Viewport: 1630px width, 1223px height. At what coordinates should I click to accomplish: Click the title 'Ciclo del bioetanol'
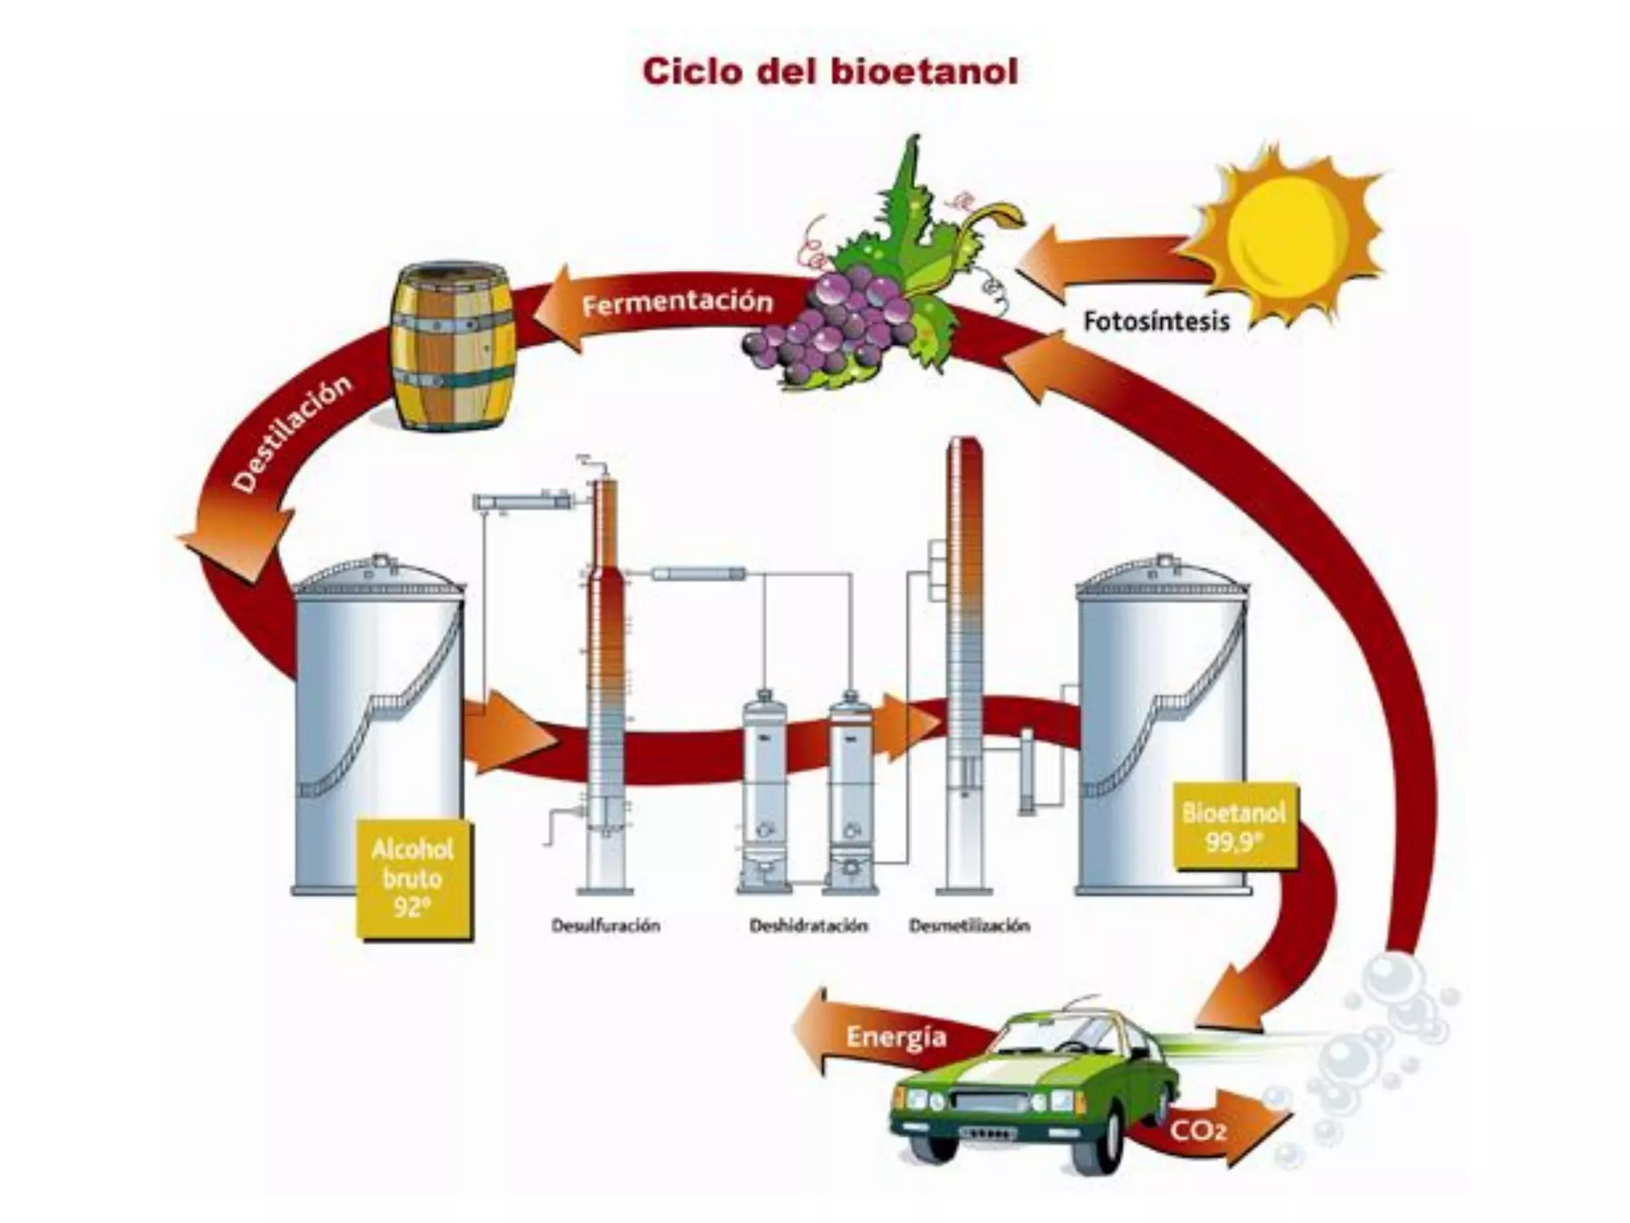[x=829, y=72]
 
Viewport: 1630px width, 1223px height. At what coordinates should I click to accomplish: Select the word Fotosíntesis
[x=1156, y=322]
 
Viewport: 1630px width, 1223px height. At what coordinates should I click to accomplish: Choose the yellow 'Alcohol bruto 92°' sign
[x=412, y=877]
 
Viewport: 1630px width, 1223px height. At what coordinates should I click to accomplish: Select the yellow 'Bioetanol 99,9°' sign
[x=1234, y=826]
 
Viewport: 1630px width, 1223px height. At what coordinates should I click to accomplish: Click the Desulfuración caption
[x=606, y=926]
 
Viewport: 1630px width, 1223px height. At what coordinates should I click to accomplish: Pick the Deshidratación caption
[x=808, y=926]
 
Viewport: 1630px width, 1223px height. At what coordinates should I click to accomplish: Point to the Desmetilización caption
[x=969, y=926]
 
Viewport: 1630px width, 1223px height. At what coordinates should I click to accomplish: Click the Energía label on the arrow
[x=896, y=1037]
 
